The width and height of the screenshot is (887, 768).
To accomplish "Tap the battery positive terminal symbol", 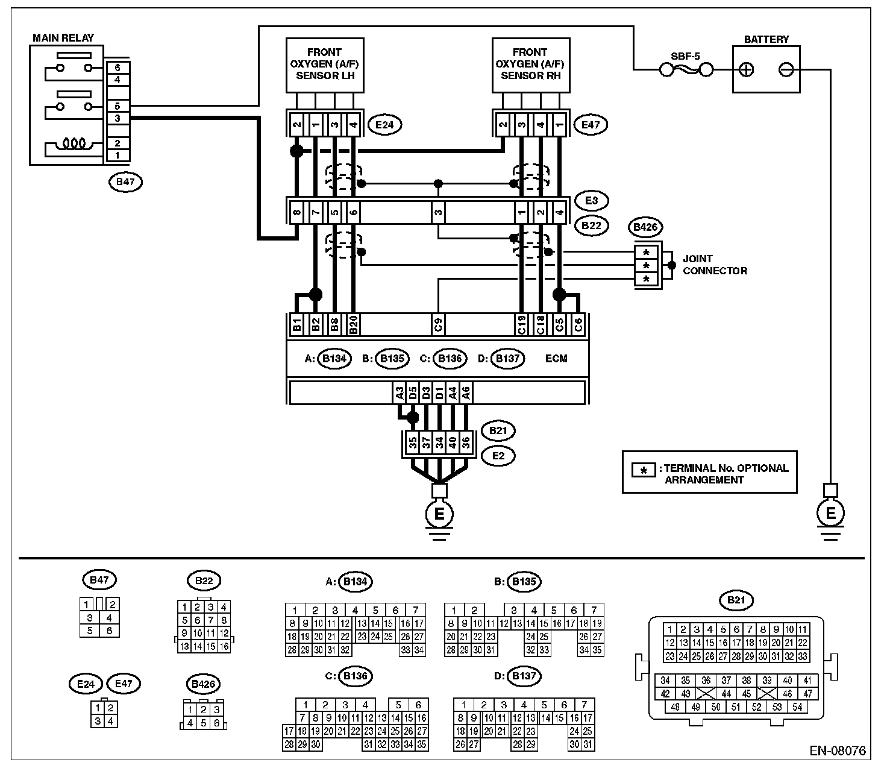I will click(x=746, y=70).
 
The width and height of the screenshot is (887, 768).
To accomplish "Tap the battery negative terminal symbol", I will click(x=786, y=70).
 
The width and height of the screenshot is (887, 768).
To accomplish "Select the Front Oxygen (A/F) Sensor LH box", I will click(x=324, y=65).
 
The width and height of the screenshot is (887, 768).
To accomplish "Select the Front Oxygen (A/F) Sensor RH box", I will click(x=530, y=65).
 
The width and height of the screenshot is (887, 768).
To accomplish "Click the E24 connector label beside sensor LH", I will click(x=384, y=125).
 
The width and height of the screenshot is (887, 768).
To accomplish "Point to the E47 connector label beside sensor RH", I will click(x=591, y=125).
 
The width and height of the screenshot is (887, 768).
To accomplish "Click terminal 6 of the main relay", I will click(x=118, y=68).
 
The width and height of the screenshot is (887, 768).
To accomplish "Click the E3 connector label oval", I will click(x=591, y=200).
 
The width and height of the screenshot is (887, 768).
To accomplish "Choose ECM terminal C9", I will click(x=439, y=325).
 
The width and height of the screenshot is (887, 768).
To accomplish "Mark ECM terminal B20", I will click(x=354, y=325).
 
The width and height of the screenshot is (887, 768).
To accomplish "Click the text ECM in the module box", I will click(x=556, y=359).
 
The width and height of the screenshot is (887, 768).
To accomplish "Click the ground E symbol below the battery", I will click(x=830, y=514).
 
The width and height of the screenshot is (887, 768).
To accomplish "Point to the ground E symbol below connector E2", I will click(x=439, y=514).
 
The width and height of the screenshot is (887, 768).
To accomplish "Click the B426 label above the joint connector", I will click(x=645, y=228).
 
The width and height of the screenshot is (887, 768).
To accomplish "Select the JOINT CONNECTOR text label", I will click(x=715, y=265).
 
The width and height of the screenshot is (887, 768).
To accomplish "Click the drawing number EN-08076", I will click(x=838, y=751).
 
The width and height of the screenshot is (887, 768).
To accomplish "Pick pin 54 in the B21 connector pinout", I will click(x=797, y=707).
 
